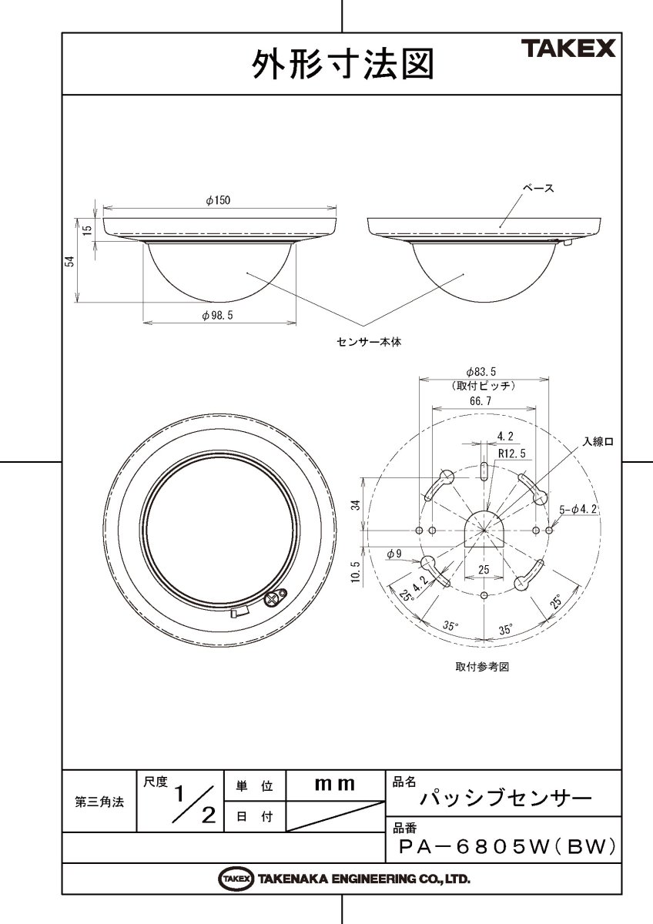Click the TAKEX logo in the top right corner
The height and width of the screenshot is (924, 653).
pyautogui.click(x=570, y=50)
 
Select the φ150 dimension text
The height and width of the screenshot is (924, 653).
pyautogui.click(x=218, y=200)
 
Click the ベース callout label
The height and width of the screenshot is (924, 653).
pyautogui.click(x=538, y=187)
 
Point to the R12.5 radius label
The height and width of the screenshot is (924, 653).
pyautogui.click(x=511, y=454)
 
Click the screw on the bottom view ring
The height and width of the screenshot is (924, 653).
pyautogui.click(x=275, y=598)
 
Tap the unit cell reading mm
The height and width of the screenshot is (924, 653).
pyautogui.click(x=335, y=785)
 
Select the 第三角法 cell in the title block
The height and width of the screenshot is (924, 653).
pyautogui.click(x=99, y=802)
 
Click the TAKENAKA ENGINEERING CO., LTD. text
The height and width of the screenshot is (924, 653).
pyautogui.click(x=363, y=879)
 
